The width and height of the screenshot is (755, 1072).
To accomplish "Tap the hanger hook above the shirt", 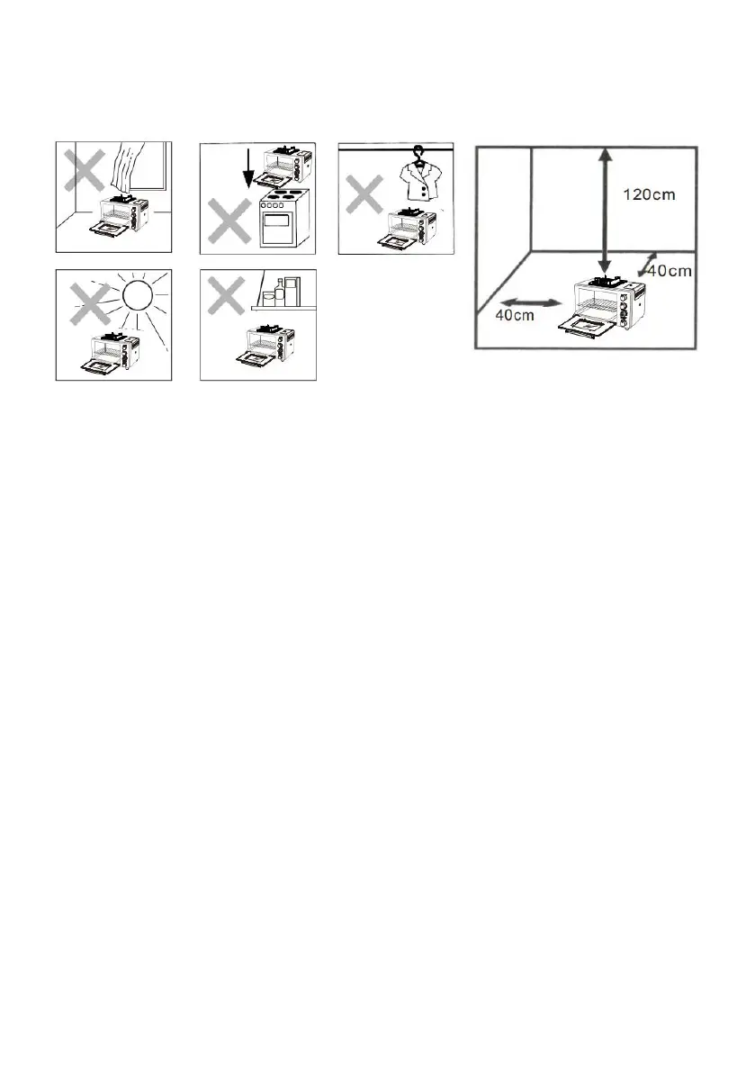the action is click(x=416, y=152).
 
